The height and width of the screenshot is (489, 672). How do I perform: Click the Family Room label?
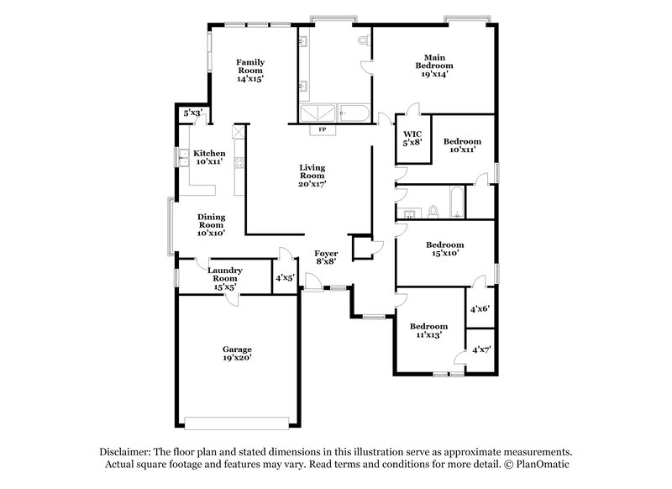click(x=249, y=70)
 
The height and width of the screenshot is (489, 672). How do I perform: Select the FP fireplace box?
click(x=323, y=130)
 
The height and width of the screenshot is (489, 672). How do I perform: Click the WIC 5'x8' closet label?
click(x=412, y=139)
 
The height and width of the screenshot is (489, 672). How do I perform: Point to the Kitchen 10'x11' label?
click(x=209, y=158)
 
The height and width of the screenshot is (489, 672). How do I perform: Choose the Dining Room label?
click(x=211, y=224)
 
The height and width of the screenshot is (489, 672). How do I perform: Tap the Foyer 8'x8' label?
click(x=326, y=256)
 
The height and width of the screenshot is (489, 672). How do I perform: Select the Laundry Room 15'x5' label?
click(x=225, y=278)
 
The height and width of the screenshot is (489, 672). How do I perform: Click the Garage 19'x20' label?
click(x=237, y=353)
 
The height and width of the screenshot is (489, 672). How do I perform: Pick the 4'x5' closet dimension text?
click(x=284, y=279)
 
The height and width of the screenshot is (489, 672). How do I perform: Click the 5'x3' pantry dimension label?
click(x=192, y=113)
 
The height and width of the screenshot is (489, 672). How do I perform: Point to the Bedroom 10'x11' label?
click(x=462, y=145)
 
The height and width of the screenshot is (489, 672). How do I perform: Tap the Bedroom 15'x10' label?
click(x=444, y=250)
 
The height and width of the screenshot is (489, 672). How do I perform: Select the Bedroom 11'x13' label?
click(x=428, y=330)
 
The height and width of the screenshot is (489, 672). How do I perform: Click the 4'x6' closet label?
click(x=480, y=309)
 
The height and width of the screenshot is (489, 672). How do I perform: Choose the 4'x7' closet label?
click(x=481, y=350)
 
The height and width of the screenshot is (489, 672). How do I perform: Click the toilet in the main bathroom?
click(x=363, y=40)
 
